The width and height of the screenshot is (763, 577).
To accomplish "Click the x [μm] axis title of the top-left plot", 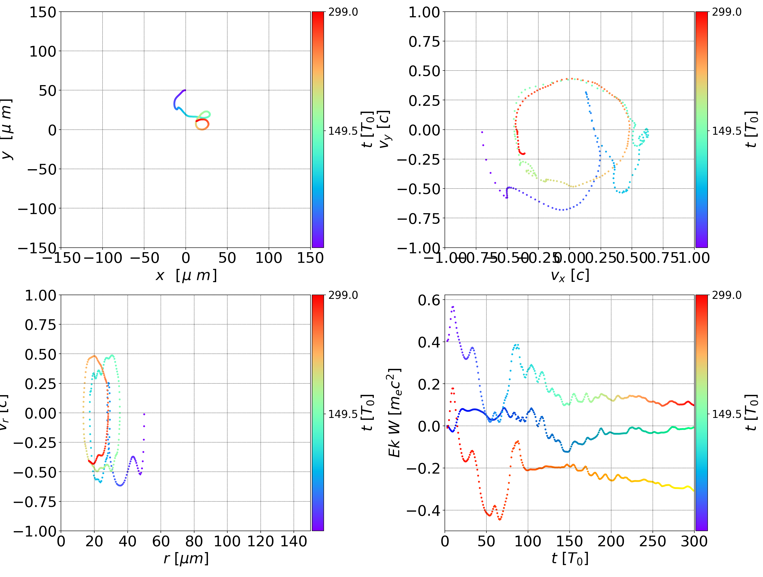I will (186, 276).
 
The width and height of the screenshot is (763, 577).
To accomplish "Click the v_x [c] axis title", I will (570, 276).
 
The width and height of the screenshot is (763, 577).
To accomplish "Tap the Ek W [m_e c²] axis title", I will (394, 413).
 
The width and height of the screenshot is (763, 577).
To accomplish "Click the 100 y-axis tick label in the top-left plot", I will (42, 51).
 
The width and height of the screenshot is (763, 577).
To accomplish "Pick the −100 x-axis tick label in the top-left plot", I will (103, 258).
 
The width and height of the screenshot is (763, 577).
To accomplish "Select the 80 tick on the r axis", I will (194, 541).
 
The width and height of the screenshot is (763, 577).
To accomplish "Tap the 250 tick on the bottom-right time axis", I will (653, 541).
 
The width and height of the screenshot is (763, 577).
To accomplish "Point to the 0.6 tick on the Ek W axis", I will (429, 300).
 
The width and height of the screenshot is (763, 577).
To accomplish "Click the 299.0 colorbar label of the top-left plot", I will (343, 12).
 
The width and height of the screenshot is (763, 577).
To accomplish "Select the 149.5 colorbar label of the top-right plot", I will (726, 131).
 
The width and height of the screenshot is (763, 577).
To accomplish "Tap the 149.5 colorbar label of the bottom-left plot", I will (343, 414).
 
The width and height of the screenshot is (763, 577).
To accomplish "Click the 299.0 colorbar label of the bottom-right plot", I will (726, 295).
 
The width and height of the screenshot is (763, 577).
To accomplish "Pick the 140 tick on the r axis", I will (294, 541).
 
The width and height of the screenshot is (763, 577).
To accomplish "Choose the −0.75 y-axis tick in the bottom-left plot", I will (34, 502).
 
